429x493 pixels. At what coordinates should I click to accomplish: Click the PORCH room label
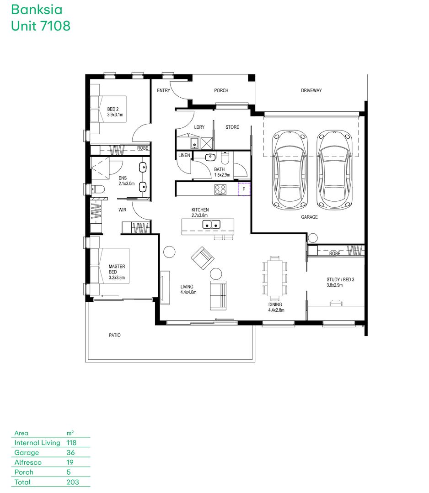[x=221, y=90]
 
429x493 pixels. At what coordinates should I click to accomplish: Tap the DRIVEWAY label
[x=311, y=90]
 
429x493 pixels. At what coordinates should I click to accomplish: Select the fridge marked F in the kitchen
[x=244, y=189]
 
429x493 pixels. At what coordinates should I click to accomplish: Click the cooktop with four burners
[x=220, y=189]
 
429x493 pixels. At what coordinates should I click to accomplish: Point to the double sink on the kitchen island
[x=211, y=225]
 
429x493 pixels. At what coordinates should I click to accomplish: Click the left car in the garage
[x=290, y=170]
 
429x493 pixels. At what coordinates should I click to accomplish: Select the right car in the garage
[x=334, y=170]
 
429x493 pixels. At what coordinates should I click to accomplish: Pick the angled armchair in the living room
[x=203, y=258]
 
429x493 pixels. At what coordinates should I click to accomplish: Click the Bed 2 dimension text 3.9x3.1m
[x=115, y=115]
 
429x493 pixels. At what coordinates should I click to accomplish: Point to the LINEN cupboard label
[x=184, y=155]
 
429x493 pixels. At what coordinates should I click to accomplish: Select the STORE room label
[x=232, y=127]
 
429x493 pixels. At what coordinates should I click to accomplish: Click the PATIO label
[x=115, y=335]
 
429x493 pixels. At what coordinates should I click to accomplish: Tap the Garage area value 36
[x=70, y=452]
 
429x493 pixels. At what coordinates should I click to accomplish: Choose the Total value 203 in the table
[x=73, y=482]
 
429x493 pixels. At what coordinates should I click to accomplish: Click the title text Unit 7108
[x=41, y=26]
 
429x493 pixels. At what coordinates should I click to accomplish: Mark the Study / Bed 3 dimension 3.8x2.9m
[x=334, y=285]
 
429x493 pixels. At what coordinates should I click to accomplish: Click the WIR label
[x=122, y=210]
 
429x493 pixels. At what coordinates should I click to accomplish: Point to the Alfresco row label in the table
[x=28, y=462]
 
